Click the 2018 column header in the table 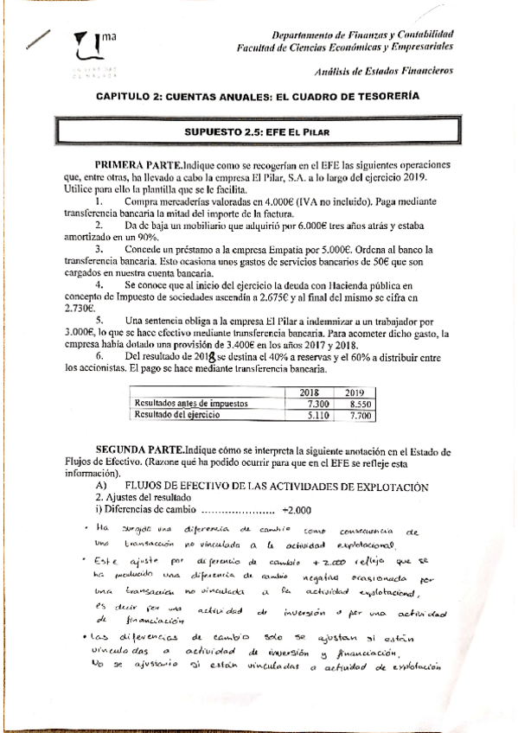pyautogui.click(x=309, y=392)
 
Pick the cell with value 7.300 pyautogui.click(x=309, y=403)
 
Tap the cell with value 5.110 pyautogui.click(x=309, y=415)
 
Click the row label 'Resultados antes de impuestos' pyautogui.click(x=189, y=403)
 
